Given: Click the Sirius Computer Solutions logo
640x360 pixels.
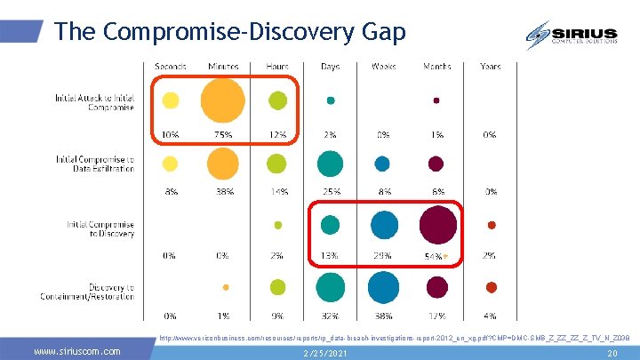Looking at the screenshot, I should coord(569,35).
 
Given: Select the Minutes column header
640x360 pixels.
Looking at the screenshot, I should coord(223,67).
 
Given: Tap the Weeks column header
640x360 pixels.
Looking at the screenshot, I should coord(383,67).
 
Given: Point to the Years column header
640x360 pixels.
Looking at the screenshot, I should coord(490,67).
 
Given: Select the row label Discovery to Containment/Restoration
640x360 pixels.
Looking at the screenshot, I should coord(100,292).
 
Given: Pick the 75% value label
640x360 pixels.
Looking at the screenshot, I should coord(222,135).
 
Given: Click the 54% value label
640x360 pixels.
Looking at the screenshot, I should coord(432,256).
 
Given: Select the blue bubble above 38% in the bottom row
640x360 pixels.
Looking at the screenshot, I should coord(383,287).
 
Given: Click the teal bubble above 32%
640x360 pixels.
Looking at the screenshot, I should coord(330,287).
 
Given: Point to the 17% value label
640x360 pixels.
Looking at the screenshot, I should coord(436,316).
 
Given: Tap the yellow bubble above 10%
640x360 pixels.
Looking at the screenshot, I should coord(170,100).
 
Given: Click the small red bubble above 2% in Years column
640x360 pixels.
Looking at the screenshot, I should coord(491,225).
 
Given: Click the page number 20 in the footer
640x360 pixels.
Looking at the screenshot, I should coord(611,353).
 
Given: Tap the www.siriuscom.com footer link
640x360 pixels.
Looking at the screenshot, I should coord(76,352).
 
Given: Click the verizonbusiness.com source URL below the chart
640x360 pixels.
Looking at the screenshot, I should coord(395,338).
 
